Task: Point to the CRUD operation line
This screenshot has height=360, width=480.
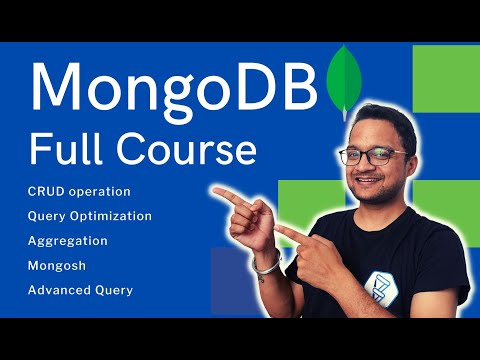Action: pos(80,190)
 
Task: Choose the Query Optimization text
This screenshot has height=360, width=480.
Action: pos(90,215)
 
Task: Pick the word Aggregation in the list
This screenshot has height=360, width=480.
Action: pos(68,240)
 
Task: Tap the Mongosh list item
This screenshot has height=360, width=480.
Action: pos(59,265)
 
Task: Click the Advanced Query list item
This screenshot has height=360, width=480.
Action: pos(81,290)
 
